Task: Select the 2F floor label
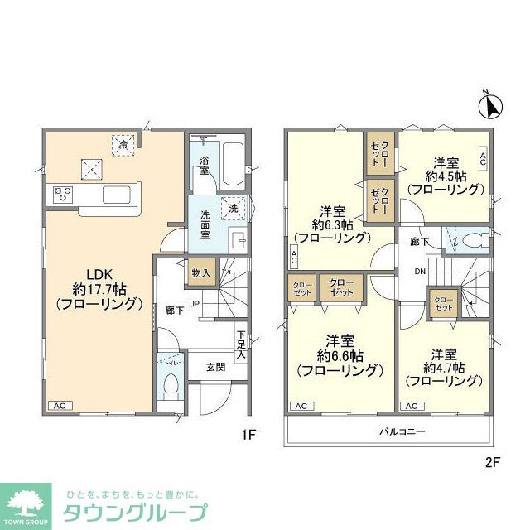point(493,462)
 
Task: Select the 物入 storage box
point(200,272)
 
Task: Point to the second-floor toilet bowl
point(474,240)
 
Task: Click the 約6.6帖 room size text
point(339,355)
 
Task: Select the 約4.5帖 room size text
point(443,176)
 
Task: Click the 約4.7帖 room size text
point(443,367)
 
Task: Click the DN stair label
point(420,272)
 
